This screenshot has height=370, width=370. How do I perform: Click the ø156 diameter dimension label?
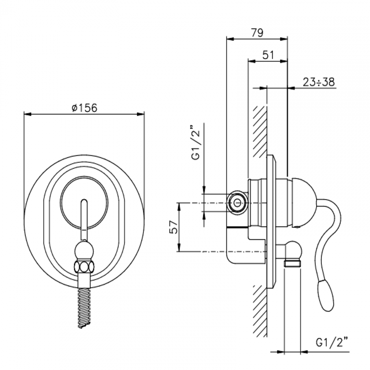click(84, 108)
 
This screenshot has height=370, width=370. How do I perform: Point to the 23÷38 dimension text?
click(318, 82)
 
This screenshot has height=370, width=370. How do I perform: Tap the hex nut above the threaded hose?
click(84, 267)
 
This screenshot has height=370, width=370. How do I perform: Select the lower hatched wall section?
click(260, 310)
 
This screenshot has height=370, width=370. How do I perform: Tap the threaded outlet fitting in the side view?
click(293, 263)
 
